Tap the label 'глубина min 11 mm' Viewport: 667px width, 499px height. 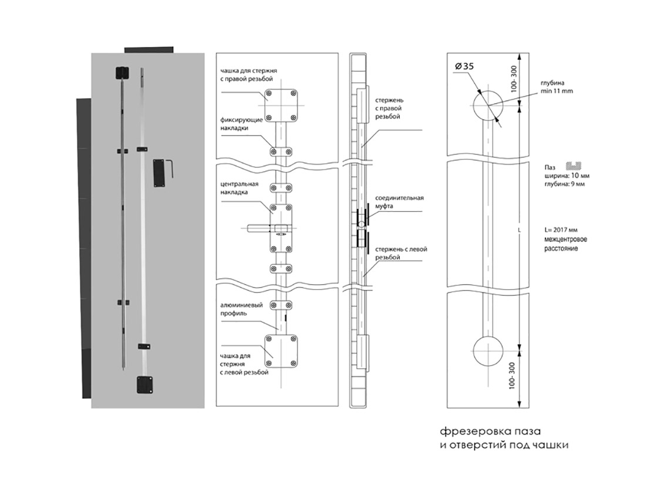[x=556, y=87]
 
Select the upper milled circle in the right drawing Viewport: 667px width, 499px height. [x=487, y=106]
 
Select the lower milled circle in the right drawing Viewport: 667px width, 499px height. [x=487, y=351]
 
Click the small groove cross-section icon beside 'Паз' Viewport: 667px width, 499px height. [x=573, y=166]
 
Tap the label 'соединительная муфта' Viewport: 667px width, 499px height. [x=399, y=203]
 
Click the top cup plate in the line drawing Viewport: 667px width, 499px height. [x=281, y=104]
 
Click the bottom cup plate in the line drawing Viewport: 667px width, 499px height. [x=281, y=350]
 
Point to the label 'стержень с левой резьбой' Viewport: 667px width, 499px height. [x=400, y=253]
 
